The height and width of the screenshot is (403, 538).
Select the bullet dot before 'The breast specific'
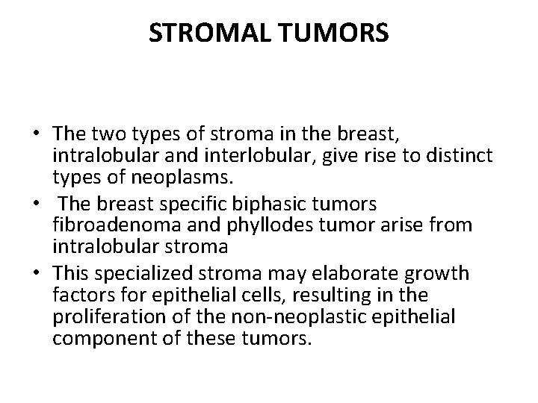tap(36, 204)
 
